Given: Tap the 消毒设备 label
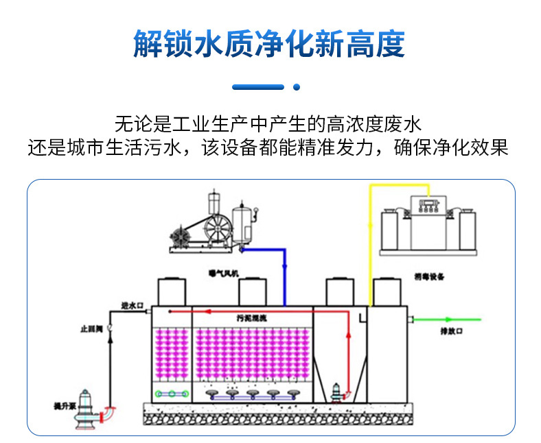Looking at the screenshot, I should [x=430, y=276].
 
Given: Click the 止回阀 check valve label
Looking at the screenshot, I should [x=91, y=330].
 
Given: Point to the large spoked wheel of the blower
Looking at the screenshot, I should [x=215, y=228].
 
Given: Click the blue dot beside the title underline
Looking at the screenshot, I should [x=297, y=87].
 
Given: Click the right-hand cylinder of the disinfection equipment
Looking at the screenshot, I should [x=468, y=230].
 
